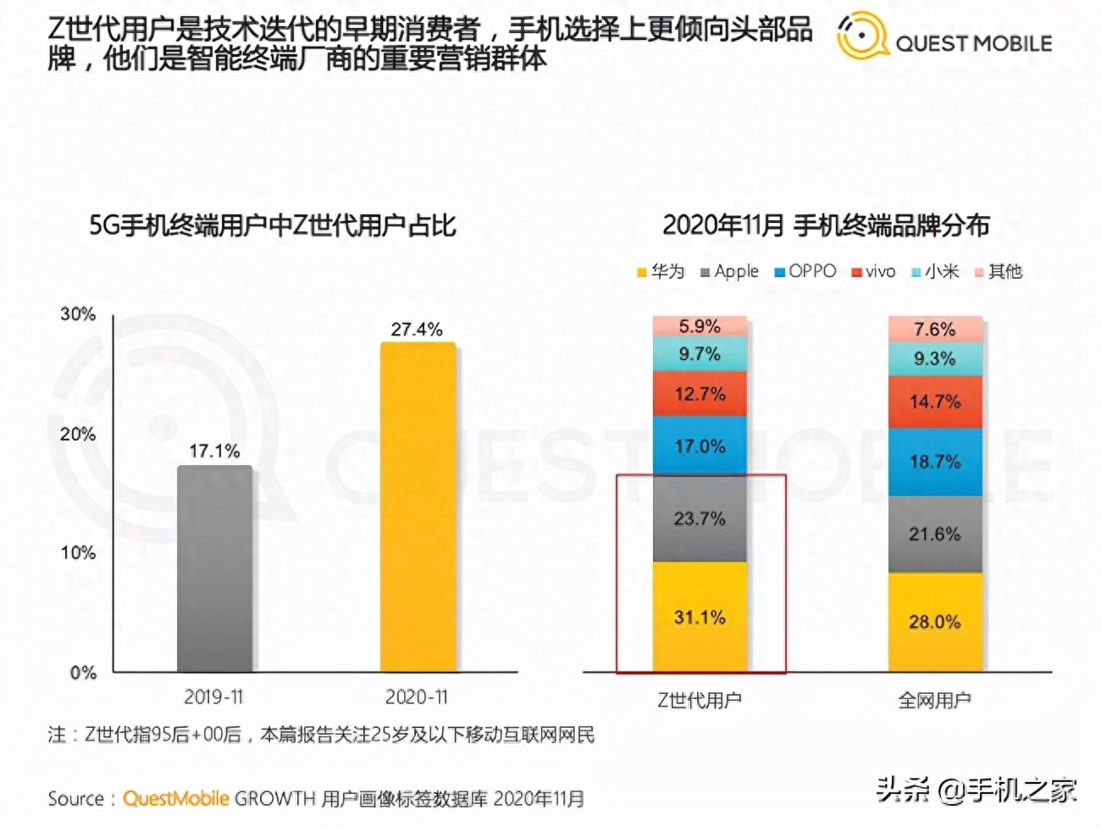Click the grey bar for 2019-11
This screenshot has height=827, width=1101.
pyautogui.click(x=214, y=569)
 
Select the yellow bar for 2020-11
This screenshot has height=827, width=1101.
pyautogui.click(x=418, y=508)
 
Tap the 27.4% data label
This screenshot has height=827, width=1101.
pyautogui.click(x=417, y=329)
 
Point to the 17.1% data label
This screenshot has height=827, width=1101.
pyautogui.click(x=214, y=451)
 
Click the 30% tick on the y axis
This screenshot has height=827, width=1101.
pyautogui.click(x=78, y=314)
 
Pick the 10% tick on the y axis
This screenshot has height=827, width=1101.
pyautogui.click(x=78, y=552)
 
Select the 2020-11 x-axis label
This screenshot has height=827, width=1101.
pyautogui.click(x=417, y=697)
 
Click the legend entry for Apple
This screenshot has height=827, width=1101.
pyautogui.click(x=729, y=271)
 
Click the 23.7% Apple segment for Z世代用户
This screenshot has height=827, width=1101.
pyautogui.click(x=700, y=519)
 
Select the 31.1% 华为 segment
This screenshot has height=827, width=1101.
pyautogui.click(x=700, y=617)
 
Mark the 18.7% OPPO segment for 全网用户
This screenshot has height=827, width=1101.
pyautogui.click(x=935, y=462)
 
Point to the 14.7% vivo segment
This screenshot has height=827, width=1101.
pyautogui.click(x=935, y=402)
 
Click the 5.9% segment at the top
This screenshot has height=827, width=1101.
pyautogui.click(x=700, y=326)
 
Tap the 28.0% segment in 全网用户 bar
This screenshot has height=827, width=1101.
pyautogui.click(x=935, y=622)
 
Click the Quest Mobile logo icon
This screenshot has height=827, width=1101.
pyautogui.click(x=861, y=36)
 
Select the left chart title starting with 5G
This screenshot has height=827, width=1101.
pyautogui.click(x=273, y=225)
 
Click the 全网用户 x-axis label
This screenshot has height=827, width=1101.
pyautogui.click(x=935, y=700)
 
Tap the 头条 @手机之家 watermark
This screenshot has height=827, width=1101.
pyautogui.click(x=977, y=790)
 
